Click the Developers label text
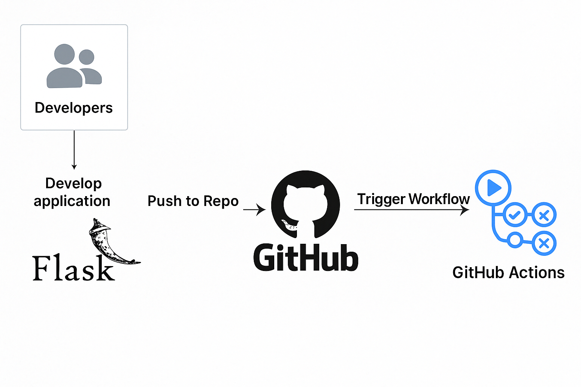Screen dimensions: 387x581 click(74, 108)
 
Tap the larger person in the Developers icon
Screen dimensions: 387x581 click(64, 68)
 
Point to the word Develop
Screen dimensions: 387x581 click(73, 184)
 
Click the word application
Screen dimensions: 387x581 click(72, 201)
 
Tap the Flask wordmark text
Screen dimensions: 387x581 click(73, 269)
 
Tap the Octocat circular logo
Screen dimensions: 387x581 click(306, 204)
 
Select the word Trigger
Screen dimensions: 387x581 click(381, 199)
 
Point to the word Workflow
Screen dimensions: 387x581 click(439, 199)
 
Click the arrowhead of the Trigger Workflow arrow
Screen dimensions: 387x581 click(465, 210)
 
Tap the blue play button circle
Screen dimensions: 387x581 click(493, 188)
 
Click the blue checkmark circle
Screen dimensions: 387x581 click(515, 215)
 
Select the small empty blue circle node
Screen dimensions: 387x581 click(514, 240)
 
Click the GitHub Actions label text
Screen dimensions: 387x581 click(508, 272)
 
